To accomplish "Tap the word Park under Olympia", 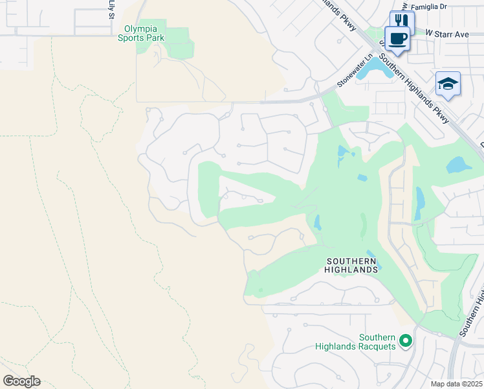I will coord(155,38).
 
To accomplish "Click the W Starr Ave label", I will coord(446,32).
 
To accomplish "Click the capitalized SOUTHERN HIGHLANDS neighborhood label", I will coord(351,265).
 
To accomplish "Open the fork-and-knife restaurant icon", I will coord(401,21).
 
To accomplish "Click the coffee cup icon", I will coord(397,38).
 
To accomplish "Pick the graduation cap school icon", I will coord(448,84).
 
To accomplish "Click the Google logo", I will coord(21,381).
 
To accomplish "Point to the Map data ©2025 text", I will coord(456,384).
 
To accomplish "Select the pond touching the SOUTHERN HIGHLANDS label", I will coord(373,259).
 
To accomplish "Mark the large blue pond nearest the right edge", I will coord(459,164).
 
